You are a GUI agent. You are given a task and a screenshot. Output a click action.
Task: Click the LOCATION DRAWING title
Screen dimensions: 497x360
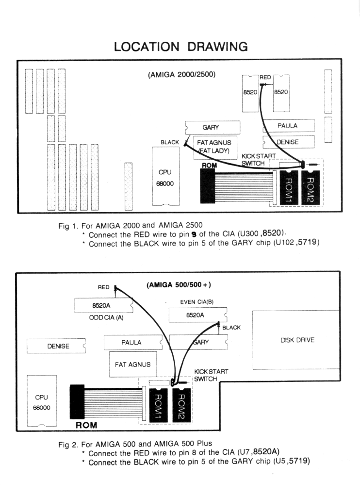pyautogui.click(x=180, y=47)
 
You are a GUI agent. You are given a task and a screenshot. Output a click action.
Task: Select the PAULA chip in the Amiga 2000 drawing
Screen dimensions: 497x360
pyautogui.click(x=288, y=126)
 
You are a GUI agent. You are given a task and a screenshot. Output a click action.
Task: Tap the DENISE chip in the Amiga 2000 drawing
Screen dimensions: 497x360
pyautogui.click(x=288, y=142)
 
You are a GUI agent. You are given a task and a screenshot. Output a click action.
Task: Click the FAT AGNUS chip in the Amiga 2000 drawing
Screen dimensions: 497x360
pyautogui.click(x=213, y=147)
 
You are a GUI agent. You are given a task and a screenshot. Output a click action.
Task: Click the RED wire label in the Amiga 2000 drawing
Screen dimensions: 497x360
pyautogui.click(x=265, y=77)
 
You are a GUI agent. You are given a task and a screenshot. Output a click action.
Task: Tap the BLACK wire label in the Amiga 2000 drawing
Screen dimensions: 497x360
pyautogui.click(x=170, y=142)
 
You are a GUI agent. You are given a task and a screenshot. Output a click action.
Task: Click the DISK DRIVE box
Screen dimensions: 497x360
pyautogui.click(x=297, y=341)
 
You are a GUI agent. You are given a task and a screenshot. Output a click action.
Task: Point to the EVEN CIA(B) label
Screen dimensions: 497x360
pyautogui.click(x=196, y=302)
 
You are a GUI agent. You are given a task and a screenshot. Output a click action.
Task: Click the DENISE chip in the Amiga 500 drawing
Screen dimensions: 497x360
pyautogui.click(x=57, y=346)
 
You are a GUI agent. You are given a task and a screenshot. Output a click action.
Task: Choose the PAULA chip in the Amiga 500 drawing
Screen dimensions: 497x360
pyautogui.click(x=132, y=343)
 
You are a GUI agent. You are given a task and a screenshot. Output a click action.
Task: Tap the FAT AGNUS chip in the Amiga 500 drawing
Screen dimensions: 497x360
pyautogui.click(x=132, y=364)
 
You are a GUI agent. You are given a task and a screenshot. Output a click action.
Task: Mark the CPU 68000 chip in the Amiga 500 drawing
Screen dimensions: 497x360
pyautogui.click(x=42, y=401)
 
